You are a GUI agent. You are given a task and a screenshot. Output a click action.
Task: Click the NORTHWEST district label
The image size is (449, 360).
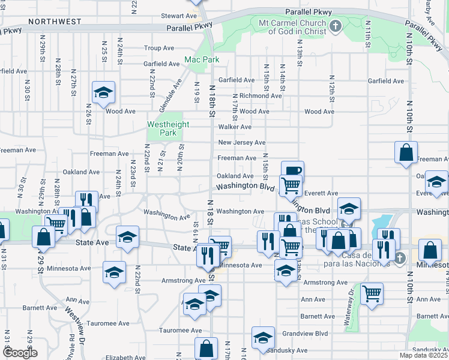[x=54, y=22]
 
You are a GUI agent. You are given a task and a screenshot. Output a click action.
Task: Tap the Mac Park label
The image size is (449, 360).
[x=202, y=60]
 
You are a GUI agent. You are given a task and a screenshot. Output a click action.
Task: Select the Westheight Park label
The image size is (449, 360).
[x=169, y=128]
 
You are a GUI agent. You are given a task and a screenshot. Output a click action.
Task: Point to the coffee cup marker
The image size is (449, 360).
[x=292, y=171]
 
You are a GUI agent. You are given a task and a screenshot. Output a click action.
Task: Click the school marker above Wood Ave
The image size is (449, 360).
[x=103, y=92]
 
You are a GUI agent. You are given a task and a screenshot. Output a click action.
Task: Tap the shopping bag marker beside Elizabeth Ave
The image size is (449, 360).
[x=206, y=348]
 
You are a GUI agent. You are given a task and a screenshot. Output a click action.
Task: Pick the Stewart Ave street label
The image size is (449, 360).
[x=179, y=16]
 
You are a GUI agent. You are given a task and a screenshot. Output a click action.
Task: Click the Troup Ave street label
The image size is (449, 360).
[x=159, y=48]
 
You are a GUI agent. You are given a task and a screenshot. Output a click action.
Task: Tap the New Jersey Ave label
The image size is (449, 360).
[x=241, y=143]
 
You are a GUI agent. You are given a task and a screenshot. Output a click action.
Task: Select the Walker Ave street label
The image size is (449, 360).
[x=235, y=127]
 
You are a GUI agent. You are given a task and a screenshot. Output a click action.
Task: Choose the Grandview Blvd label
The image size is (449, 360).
[x=305, y=333]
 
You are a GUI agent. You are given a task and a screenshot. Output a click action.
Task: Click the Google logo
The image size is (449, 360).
[x=20, y=353]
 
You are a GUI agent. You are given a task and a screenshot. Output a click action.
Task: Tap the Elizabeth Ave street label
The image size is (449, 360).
[x=123, y=358]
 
